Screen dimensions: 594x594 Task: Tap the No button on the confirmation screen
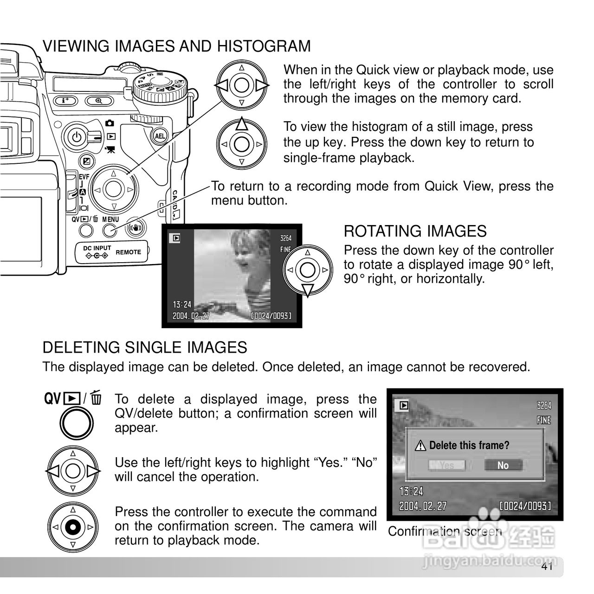(x=503, y=465)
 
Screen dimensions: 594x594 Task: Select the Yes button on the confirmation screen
(x=446, y=465)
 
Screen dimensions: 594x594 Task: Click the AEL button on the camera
(x=160, y=136)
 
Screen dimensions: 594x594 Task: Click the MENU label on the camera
(x=110, y=220)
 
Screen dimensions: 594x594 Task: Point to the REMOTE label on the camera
(x=128, y=252)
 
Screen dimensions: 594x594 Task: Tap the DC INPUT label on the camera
(x=97, y=248)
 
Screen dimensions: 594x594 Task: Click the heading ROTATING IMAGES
(x=415, y=231)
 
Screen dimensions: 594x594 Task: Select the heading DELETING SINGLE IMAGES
(x=145, y=347)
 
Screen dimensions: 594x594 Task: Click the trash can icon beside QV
(x=97, y=398)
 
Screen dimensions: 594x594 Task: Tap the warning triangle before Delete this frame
(x=420, y=446)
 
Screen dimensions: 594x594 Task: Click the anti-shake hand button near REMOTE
(x=136, y=228)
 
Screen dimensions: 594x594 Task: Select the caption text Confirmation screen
(x=445, y=531)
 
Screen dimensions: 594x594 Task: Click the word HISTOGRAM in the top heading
(x=264, y=46)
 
